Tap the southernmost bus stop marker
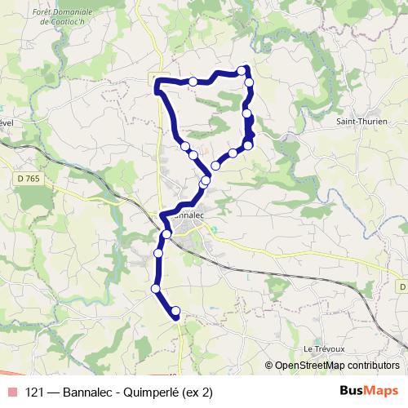pos(175,311)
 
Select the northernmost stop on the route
pos(242,69)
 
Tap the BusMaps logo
pos(370,391)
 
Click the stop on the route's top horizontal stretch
pos(193,81)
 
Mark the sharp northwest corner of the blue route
pos(157,80)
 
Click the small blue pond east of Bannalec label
pos(214,228)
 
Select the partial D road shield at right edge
pos(403,286)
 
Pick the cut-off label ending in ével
pos(7,122)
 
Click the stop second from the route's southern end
pos(155,287)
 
